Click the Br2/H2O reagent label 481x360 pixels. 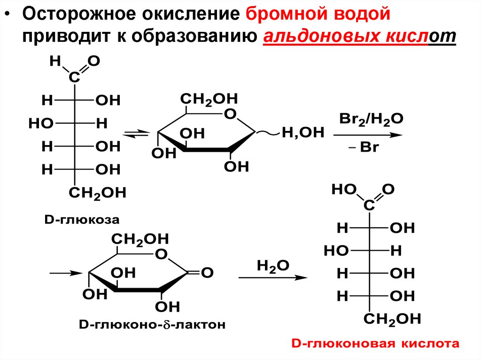[370, 119]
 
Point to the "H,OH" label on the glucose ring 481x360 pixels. [303, 133]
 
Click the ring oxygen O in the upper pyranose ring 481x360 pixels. [229, 114]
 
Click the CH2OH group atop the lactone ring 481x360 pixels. [140, 239]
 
